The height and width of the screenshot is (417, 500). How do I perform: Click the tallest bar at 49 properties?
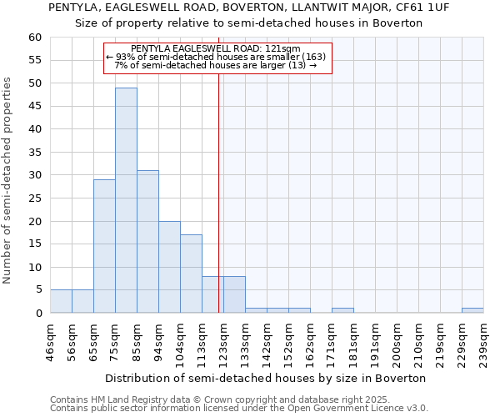pos(126,200)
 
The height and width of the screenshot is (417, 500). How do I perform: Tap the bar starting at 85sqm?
pos(147,242)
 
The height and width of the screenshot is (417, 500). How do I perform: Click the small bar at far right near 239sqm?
pos(472,310)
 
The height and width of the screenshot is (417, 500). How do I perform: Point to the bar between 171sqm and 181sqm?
pos(342,310)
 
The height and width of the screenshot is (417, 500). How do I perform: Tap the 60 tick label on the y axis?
pos(34,38)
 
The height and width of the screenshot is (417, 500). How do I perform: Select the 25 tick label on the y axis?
pos(34,198)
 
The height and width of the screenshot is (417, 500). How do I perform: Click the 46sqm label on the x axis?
pos(50,342)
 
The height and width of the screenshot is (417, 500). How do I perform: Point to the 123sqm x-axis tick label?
pos(223,342)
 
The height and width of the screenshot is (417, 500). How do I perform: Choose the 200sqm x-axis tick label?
pos(397,342)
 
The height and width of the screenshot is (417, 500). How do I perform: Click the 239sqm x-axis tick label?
pos(483,342)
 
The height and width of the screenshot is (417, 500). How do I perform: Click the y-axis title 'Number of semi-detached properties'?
pos(8,179)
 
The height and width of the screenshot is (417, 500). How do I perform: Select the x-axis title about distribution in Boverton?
pos(267,378)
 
